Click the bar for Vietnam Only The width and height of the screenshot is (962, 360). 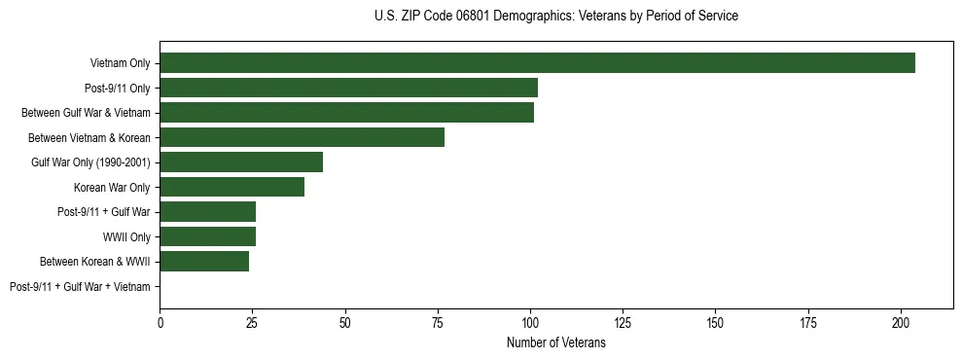pos(537,63)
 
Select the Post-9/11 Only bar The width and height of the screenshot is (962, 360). pos(348,88)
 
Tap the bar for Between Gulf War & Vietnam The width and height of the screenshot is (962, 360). pos(346,113)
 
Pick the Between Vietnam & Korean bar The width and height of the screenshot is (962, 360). pos(302,137)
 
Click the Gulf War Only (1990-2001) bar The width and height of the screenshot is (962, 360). pos(241,162)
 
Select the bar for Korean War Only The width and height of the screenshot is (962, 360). pos(232,187)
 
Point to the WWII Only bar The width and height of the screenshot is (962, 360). pos(207,236)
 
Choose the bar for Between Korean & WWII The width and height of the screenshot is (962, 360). pos(204,261)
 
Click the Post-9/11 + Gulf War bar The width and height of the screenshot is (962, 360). pos(207,212)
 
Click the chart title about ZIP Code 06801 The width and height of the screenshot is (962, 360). pos(555,17)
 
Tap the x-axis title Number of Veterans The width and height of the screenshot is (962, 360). pos(555,342)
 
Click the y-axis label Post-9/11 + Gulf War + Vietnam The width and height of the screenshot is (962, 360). pos(80,286)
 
